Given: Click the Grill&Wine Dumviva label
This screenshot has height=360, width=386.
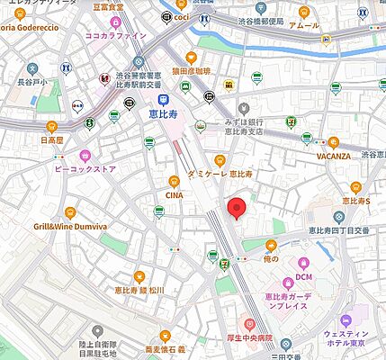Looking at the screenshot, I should coord(70,227).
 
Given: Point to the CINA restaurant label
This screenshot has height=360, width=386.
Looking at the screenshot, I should coord(175,193).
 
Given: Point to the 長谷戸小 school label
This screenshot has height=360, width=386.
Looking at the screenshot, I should coord(31,82).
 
